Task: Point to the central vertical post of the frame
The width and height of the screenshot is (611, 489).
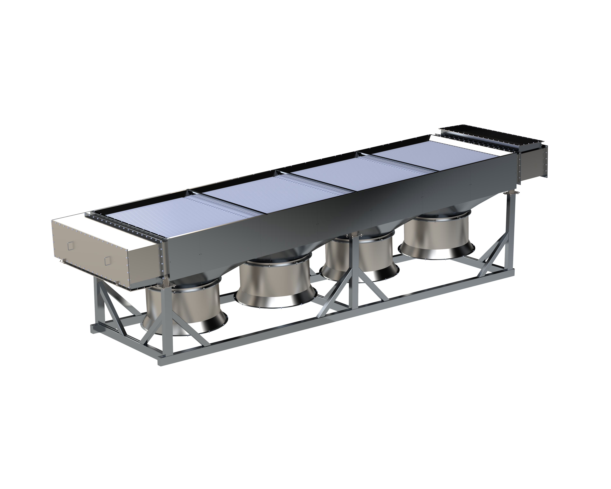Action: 354,272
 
